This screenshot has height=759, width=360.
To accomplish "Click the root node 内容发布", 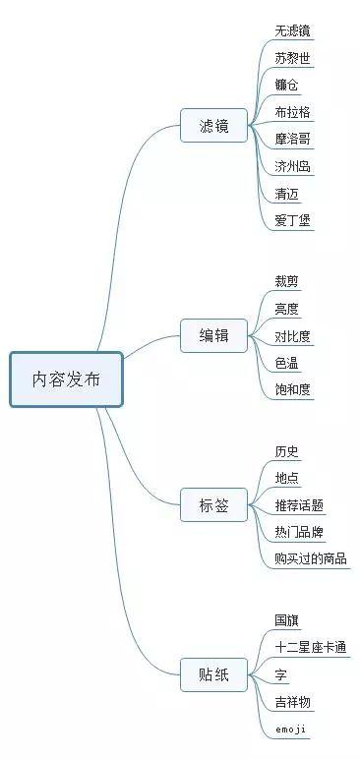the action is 66,379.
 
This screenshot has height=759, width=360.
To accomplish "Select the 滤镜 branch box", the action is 213,126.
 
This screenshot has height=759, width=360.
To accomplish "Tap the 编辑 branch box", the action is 213,336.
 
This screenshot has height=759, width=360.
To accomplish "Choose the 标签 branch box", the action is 213,505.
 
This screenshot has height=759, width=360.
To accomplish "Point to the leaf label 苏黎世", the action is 293,58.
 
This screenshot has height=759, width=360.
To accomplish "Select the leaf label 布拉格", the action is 293,112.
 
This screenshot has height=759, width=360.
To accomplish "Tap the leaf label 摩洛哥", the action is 293,139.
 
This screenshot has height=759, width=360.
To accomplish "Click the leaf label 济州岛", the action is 293,166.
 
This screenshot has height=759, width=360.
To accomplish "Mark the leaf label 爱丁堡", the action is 293,220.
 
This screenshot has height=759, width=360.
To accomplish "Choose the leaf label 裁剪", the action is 287,282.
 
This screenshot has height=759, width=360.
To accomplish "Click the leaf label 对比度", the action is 293,336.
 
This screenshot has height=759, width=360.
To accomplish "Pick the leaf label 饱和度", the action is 293,390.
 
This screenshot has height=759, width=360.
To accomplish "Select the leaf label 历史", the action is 287,451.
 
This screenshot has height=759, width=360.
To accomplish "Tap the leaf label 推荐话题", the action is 300,505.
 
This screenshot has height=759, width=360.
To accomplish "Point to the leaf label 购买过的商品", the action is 311,559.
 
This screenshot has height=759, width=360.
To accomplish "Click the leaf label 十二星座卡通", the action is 311,647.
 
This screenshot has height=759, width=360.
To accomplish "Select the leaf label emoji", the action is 291,729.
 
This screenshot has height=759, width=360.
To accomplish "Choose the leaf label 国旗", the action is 287,620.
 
